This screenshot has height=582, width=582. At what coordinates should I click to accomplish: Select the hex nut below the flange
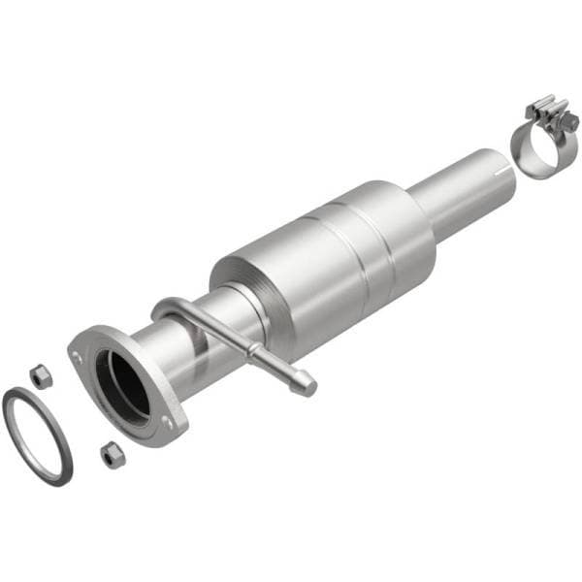click(113, 454)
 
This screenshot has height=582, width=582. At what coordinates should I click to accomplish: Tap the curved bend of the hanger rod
click(163, 308)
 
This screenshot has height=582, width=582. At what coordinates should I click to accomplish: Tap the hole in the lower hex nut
click(113, 453)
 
